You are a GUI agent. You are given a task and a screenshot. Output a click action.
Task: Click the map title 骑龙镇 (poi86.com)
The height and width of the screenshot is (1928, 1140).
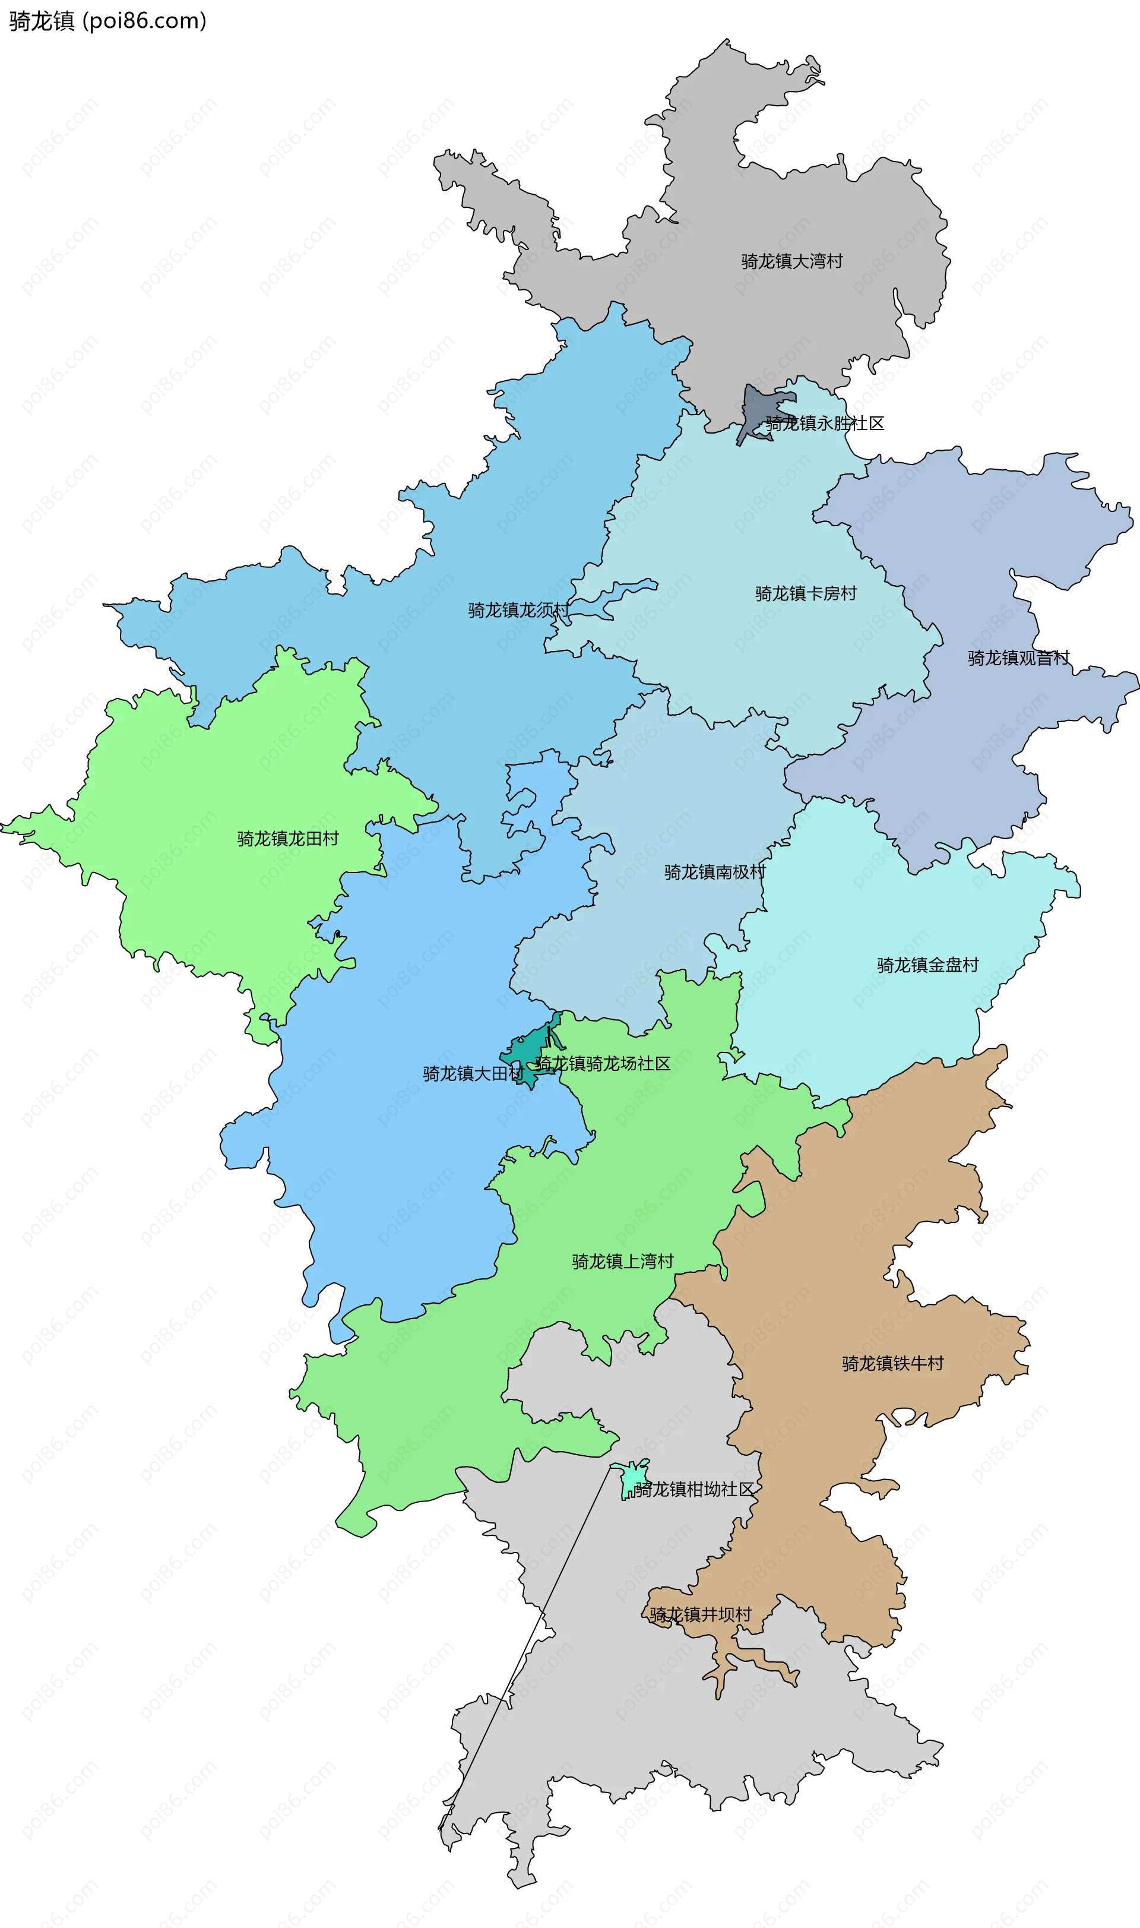107,21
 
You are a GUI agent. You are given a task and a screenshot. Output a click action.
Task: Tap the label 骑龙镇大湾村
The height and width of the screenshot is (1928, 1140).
791,261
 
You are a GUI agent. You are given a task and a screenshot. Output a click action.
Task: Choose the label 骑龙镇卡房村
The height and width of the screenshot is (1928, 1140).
805,593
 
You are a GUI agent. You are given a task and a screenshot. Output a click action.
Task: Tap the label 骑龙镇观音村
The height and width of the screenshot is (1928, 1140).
1018,658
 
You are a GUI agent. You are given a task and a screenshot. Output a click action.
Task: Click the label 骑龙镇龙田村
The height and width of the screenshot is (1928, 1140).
287,838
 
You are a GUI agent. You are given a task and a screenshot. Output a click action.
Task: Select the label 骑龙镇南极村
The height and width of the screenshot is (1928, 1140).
714,872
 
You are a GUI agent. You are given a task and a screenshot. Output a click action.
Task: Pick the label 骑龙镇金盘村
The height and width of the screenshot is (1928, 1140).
927,965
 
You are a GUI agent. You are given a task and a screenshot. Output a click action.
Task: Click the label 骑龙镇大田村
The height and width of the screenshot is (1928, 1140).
473,1073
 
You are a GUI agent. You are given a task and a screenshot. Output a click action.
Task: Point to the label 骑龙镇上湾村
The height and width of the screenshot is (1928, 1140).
622,1261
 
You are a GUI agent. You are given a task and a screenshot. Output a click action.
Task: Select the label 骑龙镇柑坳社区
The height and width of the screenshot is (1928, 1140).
693,1489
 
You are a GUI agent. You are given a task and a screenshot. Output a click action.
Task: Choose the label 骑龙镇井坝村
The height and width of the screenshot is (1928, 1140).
700,1614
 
